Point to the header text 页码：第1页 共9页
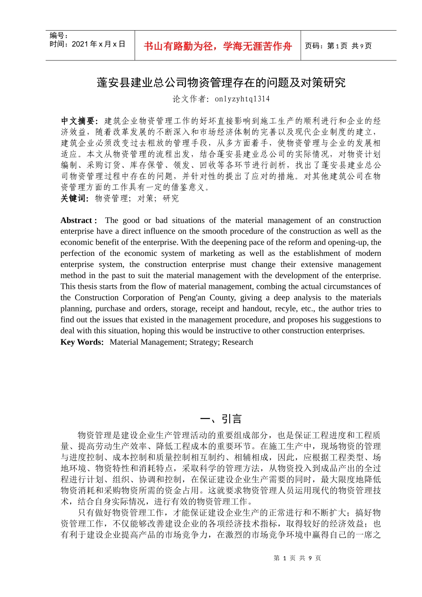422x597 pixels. point(338,46)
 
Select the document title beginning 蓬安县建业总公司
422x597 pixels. point(221,83)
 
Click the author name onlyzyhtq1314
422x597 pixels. point(242,99)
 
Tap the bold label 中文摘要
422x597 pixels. point(79,121)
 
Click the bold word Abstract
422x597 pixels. point(76,220)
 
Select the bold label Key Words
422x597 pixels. point(81,342)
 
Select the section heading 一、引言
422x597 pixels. point(221,419)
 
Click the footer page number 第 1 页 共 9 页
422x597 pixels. point(297,558)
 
